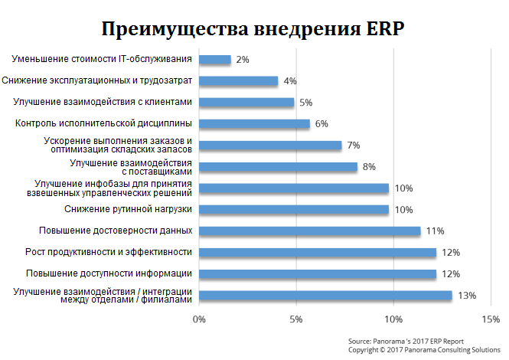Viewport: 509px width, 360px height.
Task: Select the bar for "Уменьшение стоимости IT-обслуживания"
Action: pyautogui.click(x=215, y=59)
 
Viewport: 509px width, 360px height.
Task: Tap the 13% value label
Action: pyautogui.click(x=468, y=295)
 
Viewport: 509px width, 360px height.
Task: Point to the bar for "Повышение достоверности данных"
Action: pyautogui.click(x=310, y=231)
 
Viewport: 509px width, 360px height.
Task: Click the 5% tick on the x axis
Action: pyautogui.click(x=296, y=319)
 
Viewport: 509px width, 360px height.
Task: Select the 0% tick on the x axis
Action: pyautogui.click(x=200, y=319)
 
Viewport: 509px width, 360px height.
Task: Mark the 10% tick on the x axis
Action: pyautogui.click(x=393, y=319)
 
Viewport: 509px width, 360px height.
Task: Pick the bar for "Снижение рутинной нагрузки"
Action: pyautogui.click(x=294, y=209)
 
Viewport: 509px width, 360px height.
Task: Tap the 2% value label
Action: pyautogui.click(x=243, y=59)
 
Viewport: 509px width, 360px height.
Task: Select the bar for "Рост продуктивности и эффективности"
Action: pyautogui.click(x=318, y=252)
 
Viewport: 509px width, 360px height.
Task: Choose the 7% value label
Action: pyautogui.click(x=353, y=145)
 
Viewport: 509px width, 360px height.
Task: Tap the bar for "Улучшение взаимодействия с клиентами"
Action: pyautogui.click(x=246, y=102)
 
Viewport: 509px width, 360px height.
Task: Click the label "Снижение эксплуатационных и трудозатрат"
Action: pyautogui.click(x=97, y=80)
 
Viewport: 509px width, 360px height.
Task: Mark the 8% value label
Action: pyautogui.click(x=369, y=166)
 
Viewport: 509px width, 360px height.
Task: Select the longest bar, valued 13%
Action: pyautogui.click(x=325, y=295)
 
